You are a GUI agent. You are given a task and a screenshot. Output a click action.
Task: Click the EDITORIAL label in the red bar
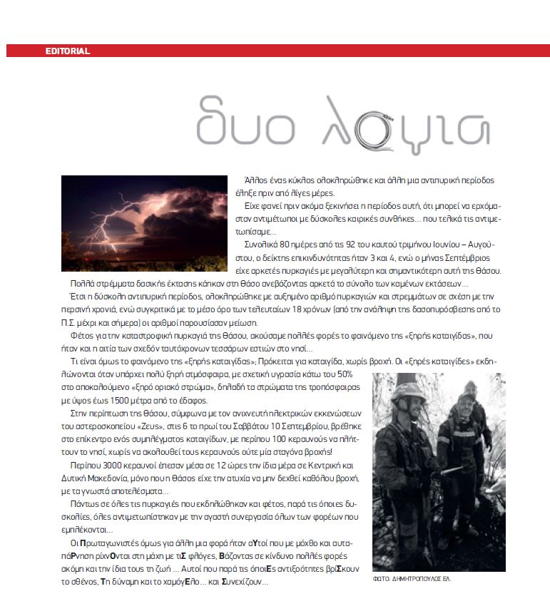click(x=67, y=51)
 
